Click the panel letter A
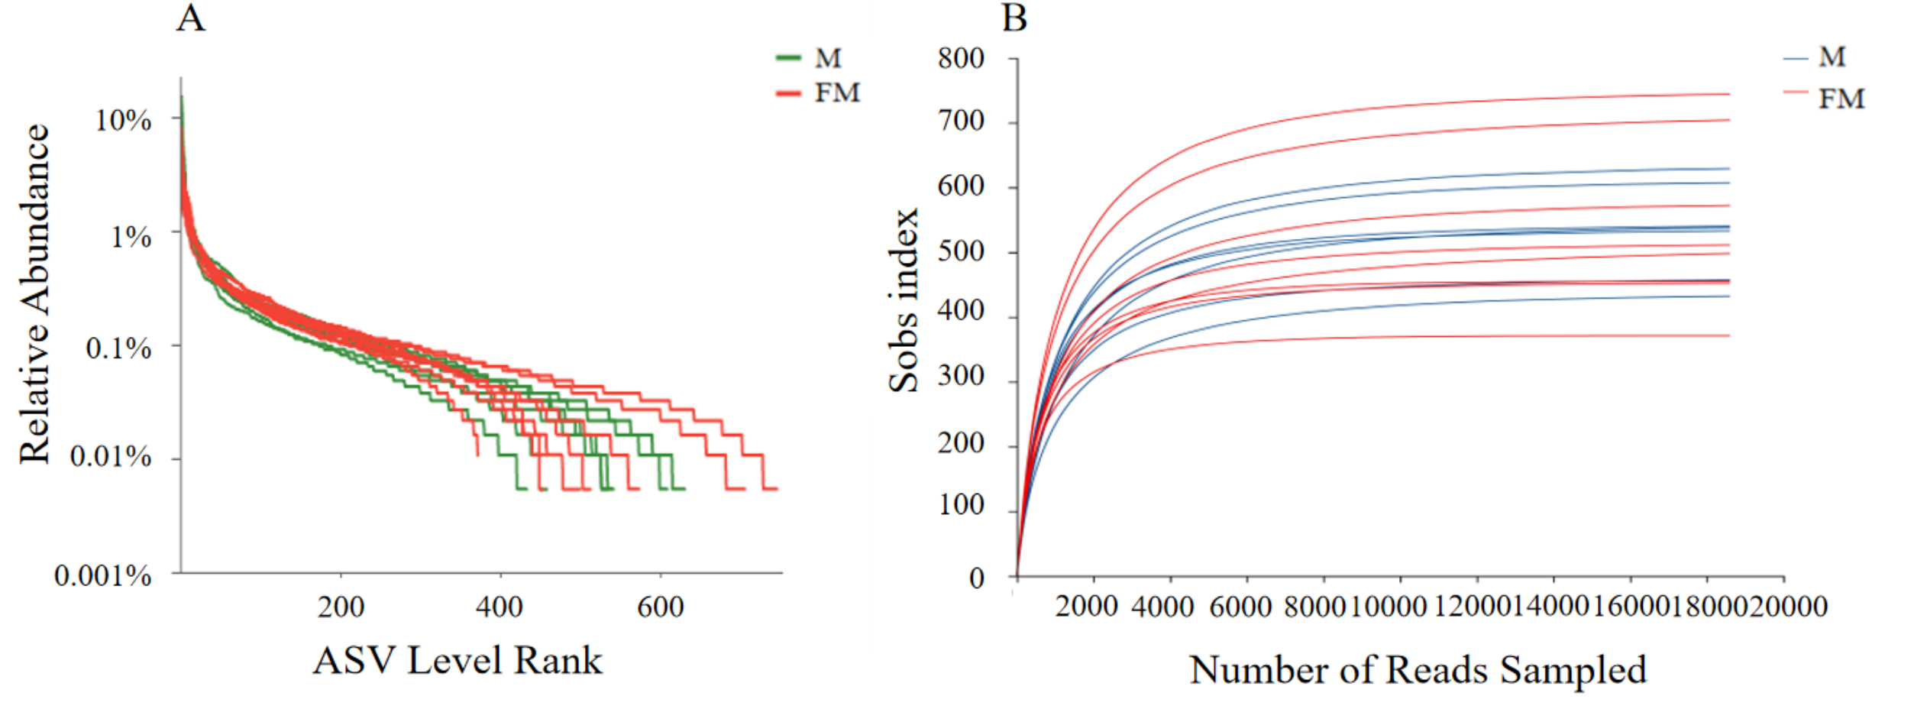click(191, 18)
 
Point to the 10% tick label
click(123, 120)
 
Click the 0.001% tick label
click(103, 575)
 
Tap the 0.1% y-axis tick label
click(118, 348)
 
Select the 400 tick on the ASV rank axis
click(500, 607)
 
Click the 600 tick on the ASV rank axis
click(661, 607)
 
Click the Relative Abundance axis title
click(34, 294)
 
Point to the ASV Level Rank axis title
click(457, 661)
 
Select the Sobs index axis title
click(903, 300)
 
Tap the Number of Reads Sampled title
click(1418, 670)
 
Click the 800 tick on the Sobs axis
click(962, 59)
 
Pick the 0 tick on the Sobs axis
click(977, 578)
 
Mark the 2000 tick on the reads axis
click(1086, 607)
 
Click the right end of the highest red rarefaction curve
click(1728, 94)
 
